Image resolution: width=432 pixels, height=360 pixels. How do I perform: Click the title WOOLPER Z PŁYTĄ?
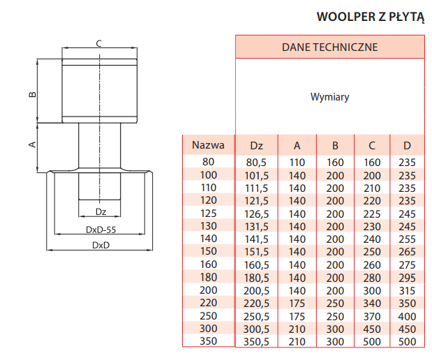tap(371, 17)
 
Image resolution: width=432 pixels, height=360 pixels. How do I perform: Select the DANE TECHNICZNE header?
tap(330, 47)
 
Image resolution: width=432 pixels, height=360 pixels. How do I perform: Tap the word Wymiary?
tap(330, 97)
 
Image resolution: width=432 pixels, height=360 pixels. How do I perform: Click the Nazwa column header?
tap(208, 145)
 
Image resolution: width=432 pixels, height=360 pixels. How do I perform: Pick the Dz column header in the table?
tap(257, 145)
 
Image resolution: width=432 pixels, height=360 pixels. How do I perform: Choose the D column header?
tap(407, 145)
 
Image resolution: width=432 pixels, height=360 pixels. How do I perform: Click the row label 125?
tap(209, 213)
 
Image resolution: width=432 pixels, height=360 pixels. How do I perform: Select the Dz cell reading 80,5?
tap(256, 163)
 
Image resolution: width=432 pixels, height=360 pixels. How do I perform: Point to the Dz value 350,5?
tap(256, 342)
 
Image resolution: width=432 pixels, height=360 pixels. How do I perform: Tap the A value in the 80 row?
tap(297, 163)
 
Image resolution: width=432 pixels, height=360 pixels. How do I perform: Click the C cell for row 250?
tap(372, 316)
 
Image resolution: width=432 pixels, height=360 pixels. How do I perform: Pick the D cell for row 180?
tap(407, 278)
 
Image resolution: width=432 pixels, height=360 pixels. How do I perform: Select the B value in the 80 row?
tap(335, 163)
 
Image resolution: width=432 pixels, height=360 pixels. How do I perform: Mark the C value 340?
tap(372, 303)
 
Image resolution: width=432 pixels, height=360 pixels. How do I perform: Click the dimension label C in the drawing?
tap(99, 43)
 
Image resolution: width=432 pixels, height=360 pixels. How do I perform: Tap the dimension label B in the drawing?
tap(33, 94)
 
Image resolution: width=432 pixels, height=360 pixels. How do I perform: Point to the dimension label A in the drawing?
tap(33, 144)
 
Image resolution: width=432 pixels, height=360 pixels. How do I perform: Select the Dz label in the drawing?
tap(100, 212)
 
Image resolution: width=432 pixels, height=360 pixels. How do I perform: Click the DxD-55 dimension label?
tap(100, 230)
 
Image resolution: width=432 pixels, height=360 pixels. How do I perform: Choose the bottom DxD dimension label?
tap(100, 245)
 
